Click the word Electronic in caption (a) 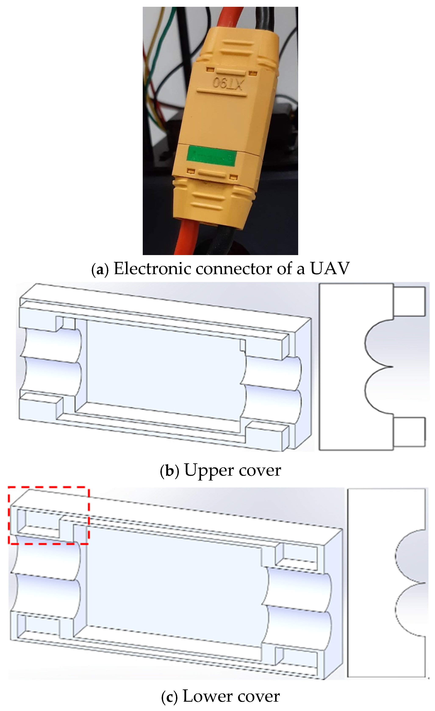(152, 268)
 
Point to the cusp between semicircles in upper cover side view (391, 367)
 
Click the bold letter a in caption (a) (100, 269)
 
